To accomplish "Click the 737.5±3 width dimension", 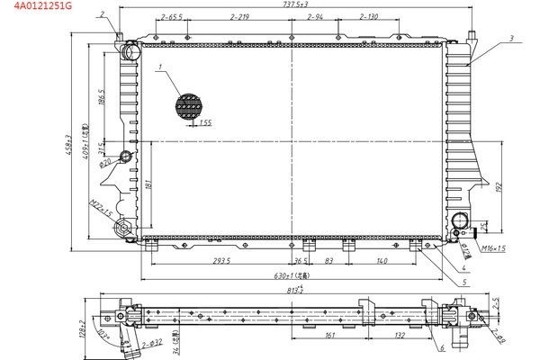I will pos(296,4).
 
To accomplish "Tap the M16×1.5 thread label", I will pos(493,247).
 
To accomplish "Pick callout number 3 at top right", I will pos(510,38).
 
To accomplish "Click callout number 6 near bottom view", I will pos(442,347).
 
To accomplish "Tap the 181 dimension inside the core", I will pos(147,184).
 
